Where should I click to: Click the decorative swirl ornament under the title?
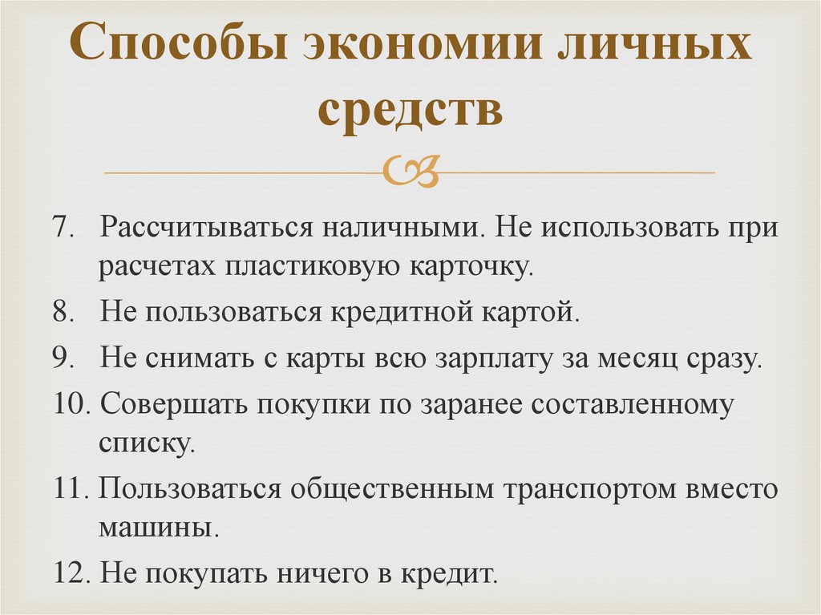(x=410, y=172)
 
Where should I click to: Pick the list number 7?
(x=64, y=228)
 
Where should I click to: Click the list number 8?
(x=64, y=312)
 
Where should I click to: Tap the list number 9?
(x=64, y=358)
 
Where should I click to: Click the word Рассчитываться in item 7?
(x=205, y=228)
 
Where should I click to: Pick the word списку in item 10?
(x=147, y=443)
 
